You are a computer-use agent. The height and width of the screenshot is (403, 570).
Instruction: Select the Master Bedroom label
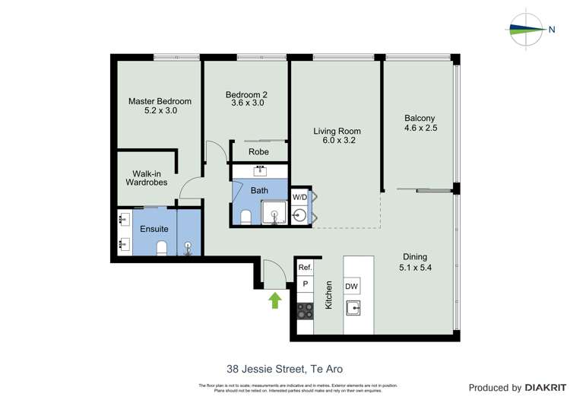160,106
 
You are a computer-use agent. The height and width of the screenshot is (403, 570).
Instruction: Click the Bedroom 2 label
246,99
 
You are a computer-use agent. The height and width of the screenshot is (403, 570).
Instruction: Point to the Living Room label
337,135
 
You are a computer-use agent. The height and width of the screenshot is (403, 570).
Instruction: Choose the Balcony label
420,122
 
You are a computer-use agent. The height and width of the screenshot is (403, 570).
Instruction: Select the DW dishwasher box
352,286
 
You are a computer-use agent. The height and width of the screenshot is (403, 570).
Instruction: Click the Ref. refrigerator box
305,268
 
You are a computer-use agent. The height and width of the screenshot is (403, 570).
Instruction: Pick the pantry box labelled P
305,284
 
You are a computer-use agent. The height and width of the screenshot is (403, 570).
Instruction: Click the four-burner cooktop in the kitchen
305,311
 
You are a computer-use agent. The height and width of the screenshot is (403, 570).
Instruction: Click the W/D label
300,198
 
